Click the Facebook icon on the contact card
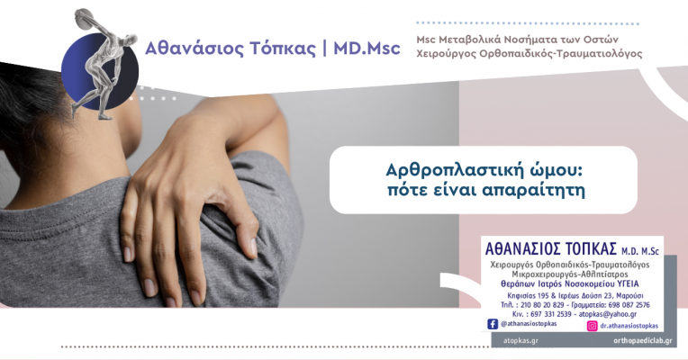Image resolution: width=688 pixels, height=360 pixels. pos(493,324)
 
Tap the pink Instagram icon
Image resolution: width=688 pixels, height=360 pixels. pos(592,326)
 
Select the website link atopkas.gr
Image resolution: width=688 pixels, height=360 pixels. pos(521,340)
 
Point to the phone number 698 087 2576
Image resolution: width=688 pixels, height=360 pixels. pos(629,305)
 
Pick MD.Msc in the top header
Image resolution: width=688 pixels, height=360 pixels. pos(367,49)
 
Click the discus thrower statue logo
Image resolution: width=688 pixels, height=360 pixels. pos(100,64)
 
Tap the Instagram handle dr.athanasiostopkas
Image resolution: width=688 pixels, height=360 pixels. pos(629,326)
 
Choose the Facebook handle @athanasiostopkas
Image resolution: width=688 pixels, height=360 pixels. pos(529,324)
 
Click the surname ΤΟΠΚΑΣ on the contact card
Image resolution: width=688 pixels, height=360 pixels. pos(591,249)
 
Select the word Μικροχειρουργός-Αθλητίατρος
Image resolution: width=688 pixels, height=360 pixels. pos(570,274)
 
